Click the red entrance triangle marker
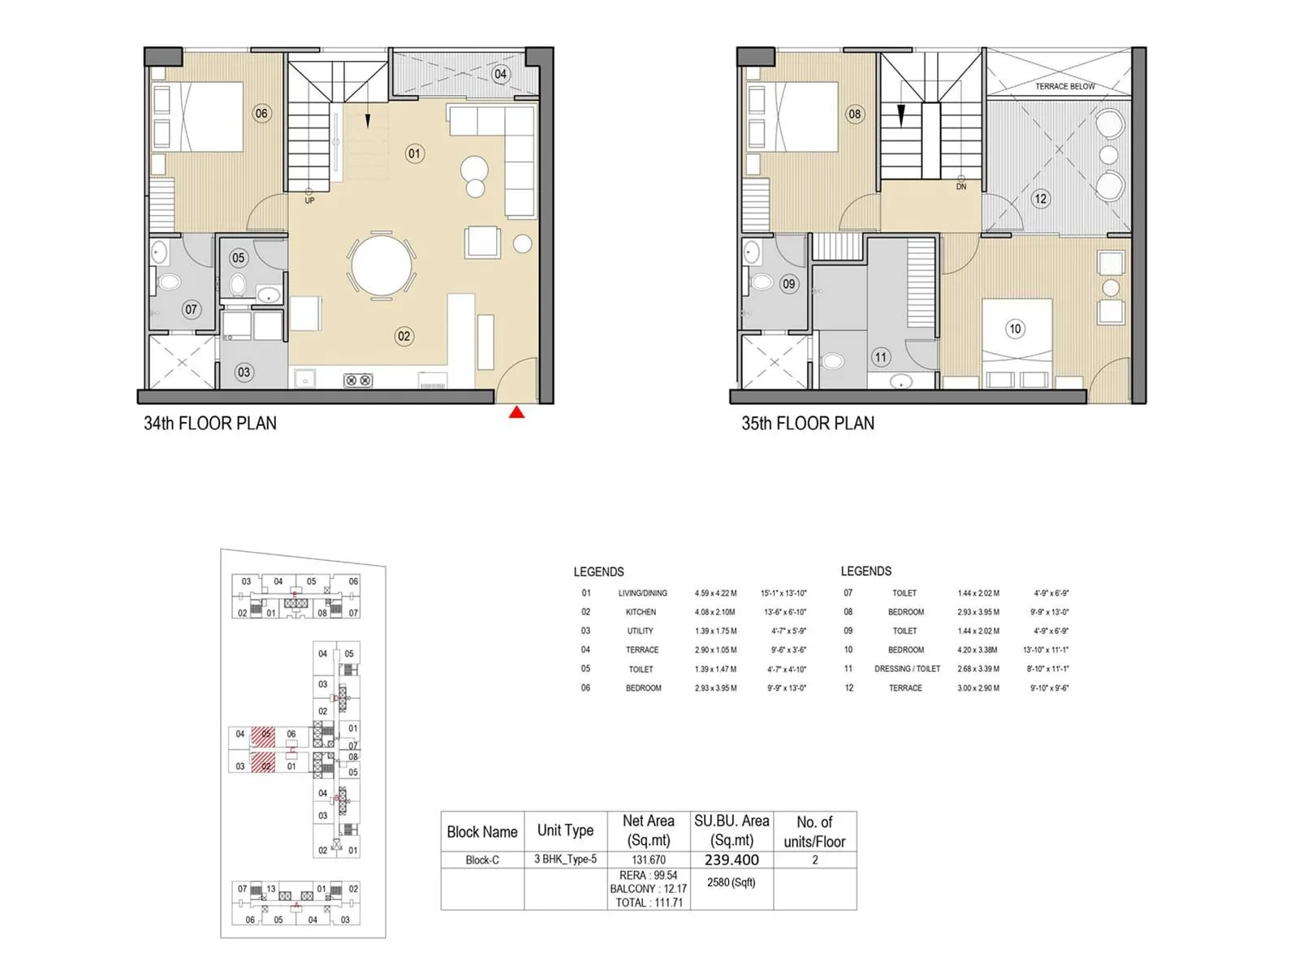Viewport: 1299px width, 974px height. tap(516, 413)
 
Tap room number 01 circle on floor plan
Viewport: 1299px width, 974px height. tap(415, 153)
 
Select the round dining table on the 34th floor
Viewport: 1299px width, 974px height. tap(382, 265)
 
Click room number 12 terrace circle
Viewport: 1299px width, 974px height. tap(1041, 198)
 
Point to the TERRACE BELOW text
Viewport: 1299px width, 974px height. tap(1064, 86)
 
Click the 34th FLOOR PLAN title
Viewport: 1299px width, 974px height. tap(210, 423)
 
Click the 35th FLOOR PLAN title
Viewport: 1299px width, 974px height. tap(808, 423)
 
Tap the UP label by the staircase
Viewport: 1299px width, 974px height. tap(309, 200)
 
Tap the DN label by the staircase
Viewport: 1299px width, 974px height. tap(961, 187)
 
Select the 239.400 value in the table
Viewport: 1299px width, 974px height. tap(731, 860)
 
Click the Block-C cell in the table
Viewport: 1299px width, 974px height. tap(482, 860)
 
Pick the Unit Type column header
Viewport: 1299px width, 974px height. tap(565, 830)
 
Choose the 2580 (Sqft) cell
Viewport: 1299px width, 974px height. tap(731, 882)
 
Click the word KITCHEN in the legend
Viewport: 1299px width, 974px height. tap(641, 612)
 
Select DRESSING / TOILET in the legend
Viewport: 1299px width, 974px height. tap(907, 669)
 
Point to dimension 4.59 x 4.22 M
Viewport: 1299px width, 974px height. tap(716, 593)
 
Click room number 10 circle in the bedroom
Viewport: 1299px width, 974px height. tap(1015, 329)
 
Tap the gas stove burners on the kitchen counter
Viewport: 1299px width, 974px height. tap(358, 380)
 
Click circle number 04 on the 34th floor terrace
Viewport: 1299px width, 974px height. tap(500, 74)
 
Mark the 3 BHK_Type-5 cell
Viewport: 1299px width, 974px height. tap(565, 859)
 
